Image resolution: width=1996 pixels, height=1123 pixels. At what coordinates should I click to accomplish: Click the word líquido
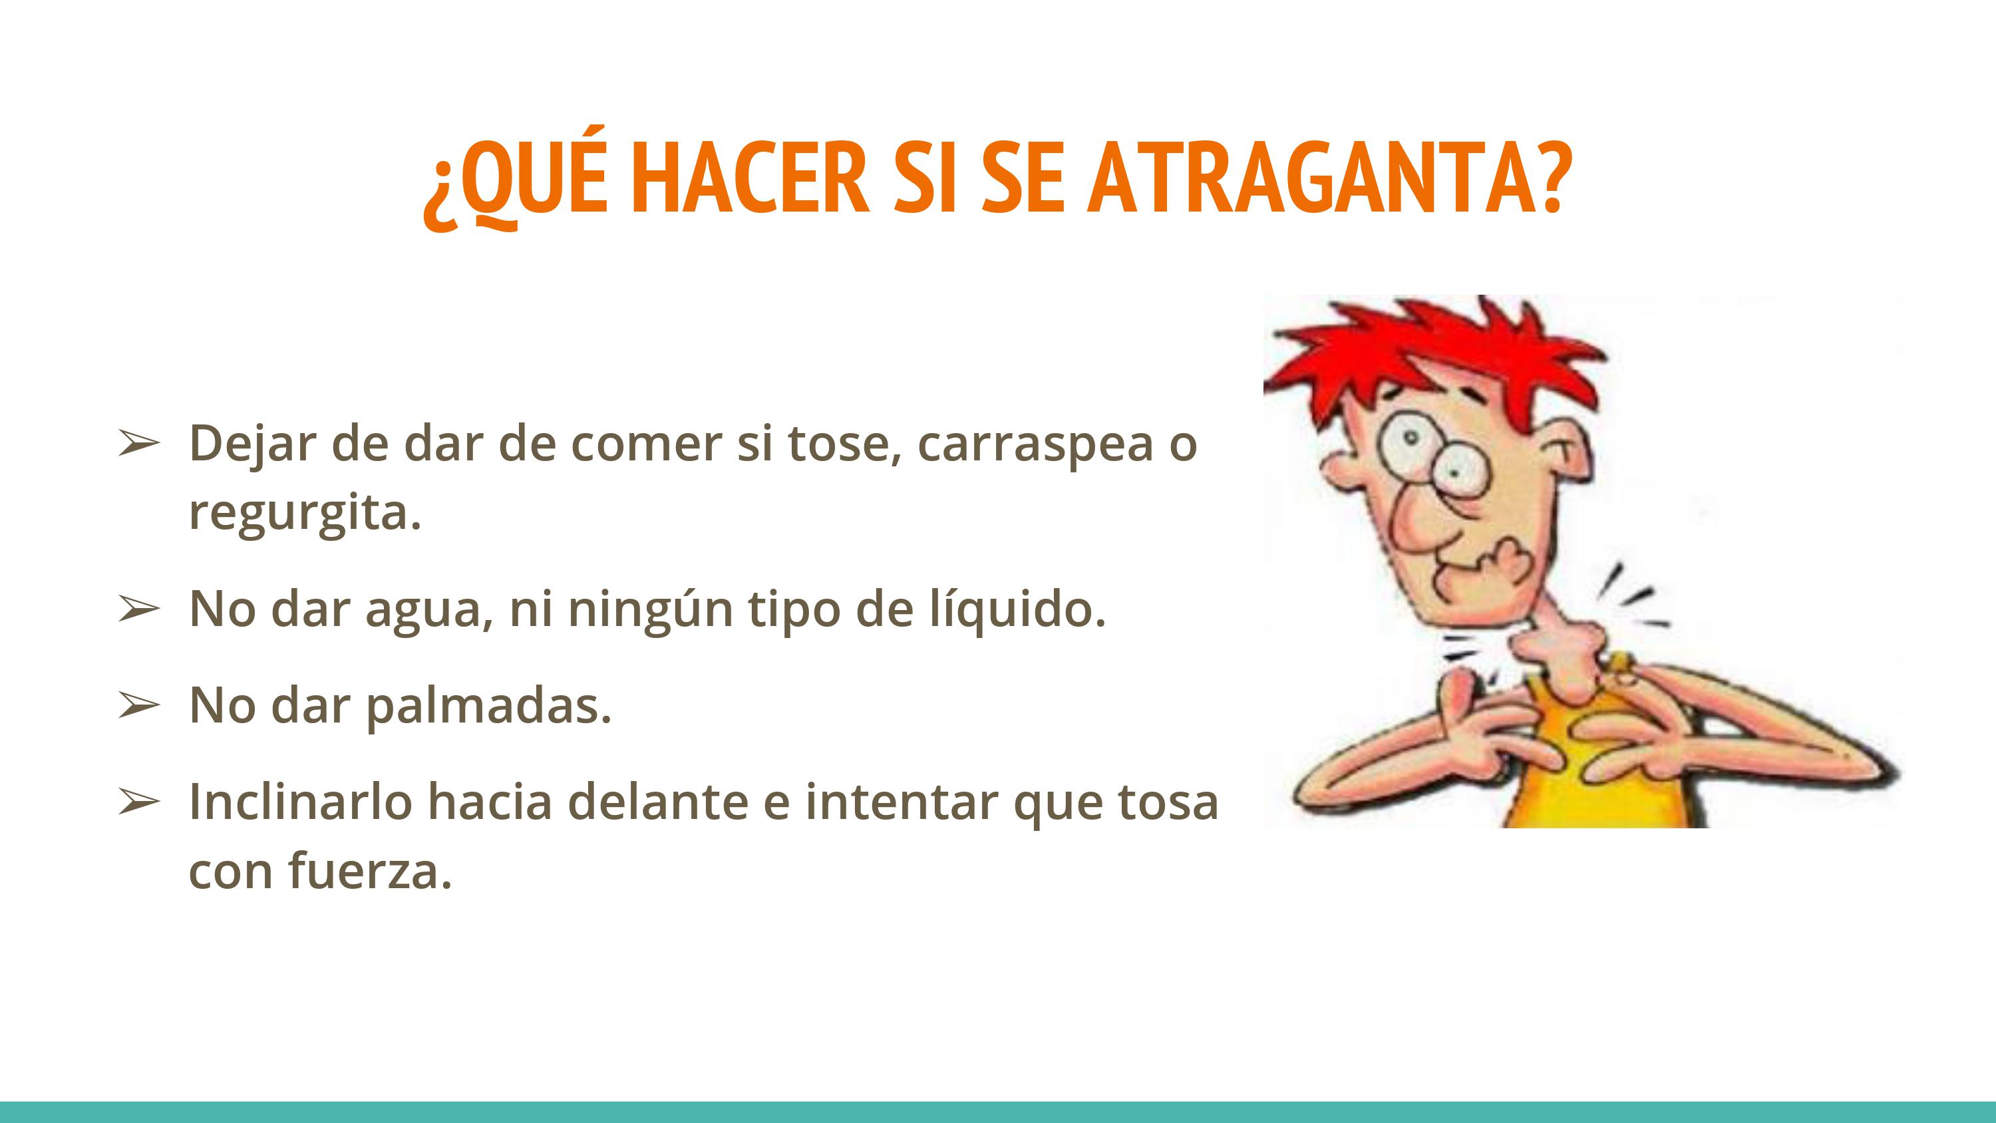point(1019,608)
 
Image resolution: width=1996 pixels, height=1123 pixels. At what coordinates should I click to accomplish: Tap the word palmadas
point(489,708)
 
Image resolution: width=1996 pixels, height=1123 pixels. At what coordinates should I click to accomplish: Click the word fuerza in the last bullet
point(370,870)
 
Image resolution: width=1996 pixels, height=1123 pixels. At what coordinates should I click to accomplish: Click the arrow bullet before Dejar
point(138,445)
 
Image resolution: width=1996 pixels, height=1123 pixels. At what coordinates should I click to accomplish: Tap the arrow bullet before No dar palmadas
point(138,706)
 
